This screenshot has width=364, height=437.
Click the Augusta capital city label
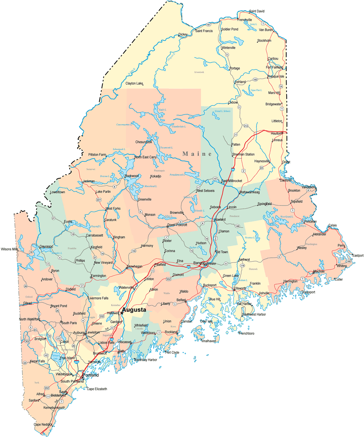tap(134, 310)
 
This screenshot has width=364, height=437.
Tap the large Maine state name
tap(197, 154)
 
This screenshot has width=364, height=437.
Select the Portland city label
tap(90, 375)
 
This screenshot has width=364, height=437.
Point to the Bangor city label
tap(198, 263)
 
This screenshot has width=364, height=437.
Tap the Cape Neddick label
tap(42, 424)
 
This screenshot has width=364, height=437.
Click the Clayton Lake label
tap(134, 83)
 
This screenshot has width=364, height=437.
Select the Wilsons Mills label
tap(10, 249)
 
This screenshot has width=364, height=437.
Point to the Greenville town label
tap(144, 199)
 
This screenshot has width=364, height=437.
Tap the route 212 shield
tap(246, 126)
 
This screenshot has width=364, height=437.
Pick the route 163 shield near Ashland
tap(255, 80)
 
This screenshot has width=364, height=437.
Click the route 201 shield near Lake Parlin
tap(99, 200)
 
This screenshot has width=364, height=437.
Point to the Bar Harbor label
tap(244, 304)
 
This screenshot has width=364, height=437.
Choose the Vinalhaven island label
tap(208, 341)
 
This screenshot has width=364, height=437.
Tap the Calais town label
tap(333, 225)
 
